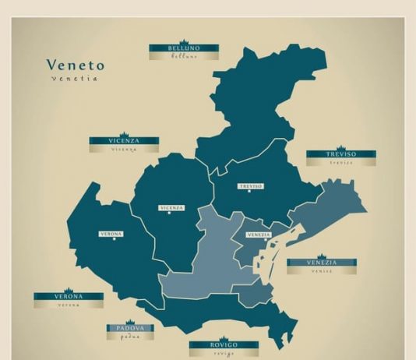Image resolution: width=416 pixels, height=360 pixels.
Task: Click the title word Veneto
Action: click(x=75, y=65)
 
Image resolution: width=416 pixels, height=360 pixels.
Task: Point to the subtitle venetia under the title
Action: click(x=75, y=79)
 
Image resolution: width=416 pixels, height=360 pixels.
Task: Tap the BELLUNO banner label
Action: click(x=184, y=48)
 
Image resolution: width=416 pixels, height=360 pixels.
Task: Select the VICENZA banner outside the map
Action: click(x=124, y=141)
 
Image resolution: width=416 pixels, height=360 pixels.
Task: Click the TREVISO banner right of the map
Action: click(x=340, y=154)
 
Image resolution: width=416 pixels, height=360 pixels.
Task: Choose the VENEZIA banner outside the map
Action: click(x=322, y=263)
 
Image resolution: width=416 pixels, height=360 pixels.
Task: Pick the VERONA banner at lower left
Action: click(x=68, y=296)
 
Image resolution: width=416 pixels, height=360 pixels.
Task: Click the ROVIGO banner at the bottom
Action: click(x=224, y=344)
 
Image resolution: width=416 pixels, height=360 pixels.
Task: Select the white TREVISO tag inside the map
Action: click(x=250, y=186)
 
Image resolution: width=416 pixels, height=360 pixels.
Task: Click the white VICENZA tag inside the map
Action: click(x=171, y=208)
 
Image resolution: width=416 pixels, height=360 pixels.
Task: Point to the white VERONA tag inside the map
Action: click(x=111, y=234)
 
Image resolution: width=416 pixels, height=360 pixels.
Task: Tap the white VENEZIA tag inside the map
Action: click(x=259, y=235)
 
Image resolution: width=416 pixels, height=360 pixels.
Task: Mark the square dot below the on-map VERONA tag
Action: click(x=114, y=239)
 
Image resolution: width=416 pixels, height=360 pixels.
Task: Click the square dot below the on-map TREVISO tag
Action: click(x=249, y=192)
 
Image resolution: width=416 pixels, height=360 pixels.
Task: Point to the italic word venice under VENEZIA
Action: click(x=322, y=271)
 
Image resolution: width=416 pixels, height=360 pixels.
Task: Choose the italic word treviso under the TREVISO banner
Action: click(x=340, y=163)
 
